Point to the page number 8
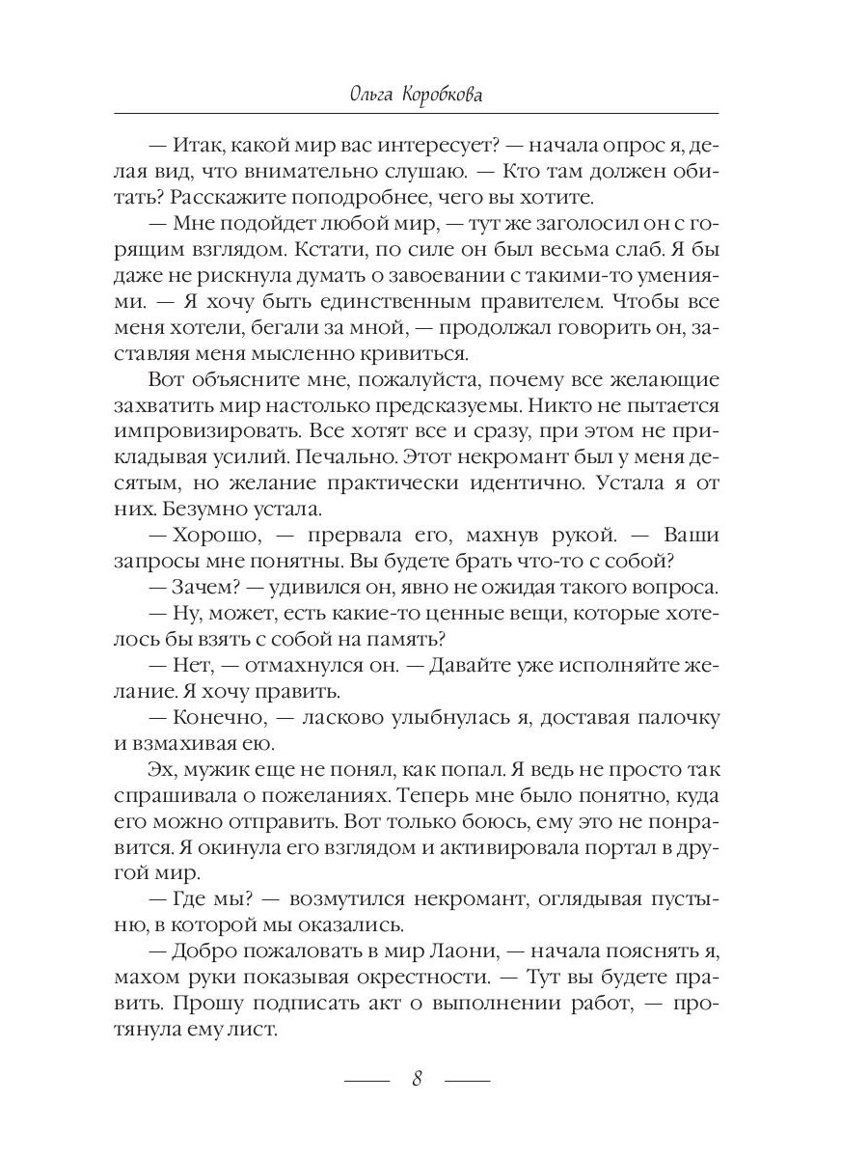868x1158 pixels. point(418,1078)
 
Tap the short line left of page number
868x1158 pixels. point(366,1079)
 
